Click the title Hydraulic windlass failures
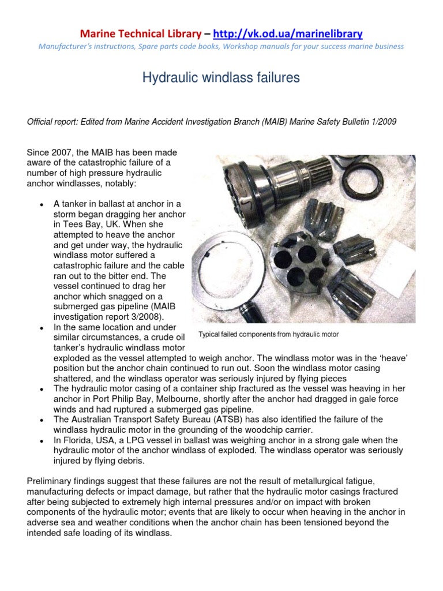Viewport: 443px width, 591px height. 221,78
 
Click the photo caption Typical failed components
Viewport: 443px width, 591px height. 268,334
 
